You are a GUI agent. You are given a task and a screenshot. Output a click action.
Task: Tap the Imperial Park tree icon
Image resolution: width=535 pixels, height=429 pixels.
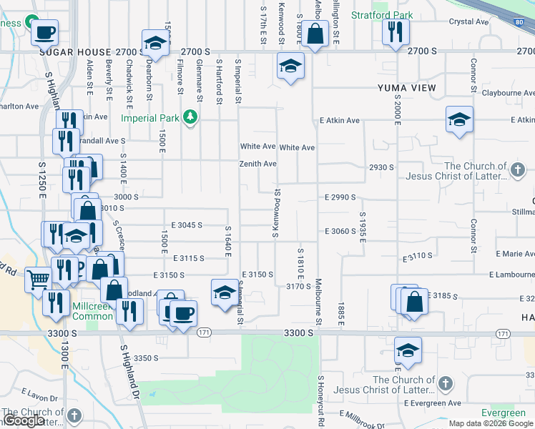coord(190,117)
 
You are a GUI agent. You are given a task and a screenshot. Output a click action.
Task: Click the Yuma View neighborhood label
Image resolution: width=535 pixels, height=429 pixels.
coord(407,88)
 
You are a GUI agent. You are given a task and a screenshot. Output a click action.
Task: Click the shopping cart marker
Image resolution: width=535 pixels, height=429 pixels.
coord(38,279)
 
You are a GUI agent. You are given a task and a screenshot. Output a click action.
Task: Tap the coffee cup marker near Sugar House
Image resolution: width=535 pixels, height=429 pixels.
coord(44,31)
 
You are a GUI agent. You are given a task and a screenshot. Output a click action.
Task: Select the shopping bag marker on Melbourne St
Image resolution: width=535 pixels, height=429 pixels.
coord(314,32)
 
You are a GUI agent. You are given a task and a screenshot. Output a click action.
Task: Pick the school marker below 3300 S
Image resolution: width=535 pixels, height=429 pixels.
coord(408,350)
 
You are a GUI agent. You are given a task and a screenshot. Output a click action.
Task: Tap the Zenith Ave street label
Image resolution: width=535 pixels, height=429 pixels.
coord(258,164)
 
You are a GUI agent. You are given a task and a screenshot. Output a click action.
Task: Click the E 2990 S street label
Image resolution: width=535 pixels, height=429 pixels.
coord(340,197)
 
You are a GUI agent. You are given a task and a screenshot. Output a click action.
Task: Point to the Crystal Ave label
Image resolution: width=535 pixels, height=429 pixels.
coord(468,21)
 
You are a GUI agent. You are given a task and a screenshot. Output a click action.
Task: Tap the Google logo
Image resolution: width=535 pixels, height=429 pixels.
coord(23,421)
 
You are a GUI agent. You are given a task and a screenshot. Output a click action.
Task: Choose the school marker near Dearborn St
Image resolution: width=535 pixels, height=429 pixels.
coord(154,42)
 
